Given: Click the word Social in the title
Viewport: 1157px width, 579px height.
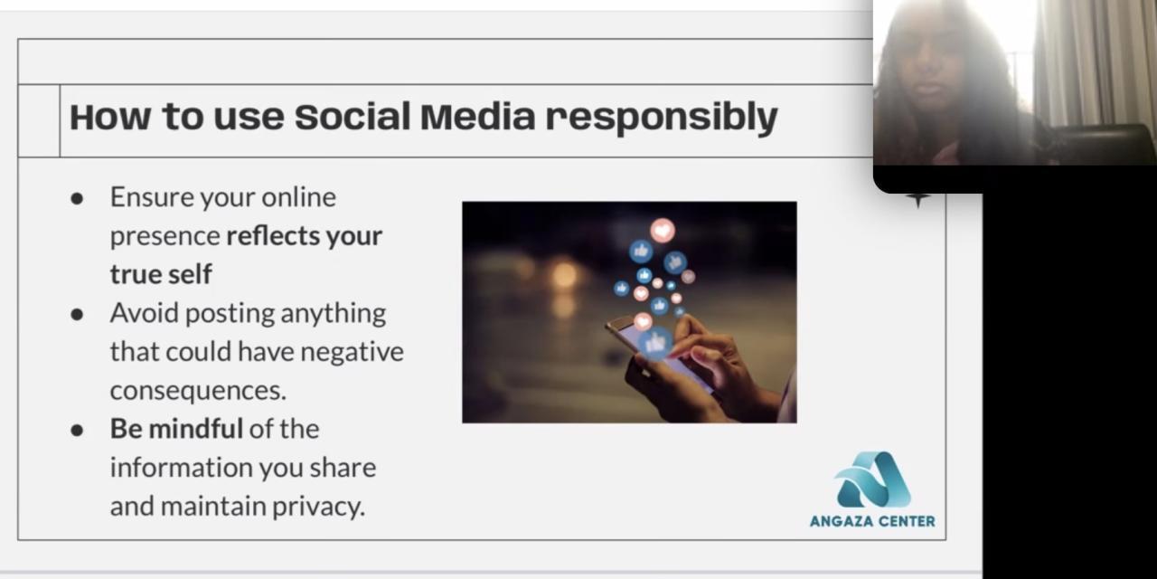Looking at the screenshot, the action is (353, 117).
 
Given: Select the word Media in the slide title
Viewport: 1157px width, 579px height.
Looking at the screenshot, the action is (478, 117).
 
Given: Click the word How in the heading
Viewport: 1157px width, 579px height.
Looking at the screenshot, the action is (110, 117).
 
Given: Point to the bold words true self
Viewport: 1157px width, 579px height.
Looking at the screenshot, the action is (161, 274).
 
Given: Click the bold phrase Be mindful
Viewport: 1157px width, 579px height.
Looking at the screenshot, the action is (176, 429).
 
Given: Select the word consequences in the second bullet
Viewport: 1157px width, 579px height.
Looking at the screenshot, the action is (198, 391).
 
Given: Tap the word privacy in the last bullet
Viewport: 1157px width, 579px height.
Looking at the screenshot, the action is (319, 507).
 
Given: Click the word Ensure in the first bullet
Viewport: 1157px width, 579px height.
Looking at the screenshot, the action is (152, 197).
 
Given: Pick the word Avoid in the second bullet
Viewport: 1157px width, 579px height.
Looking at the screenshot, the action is (144, 313).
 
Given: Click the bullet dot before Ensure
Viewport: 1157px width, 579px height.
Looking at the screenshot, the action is (77, 198).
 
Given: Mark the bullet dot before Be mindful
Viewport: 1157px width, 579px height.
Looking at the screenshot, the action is (77, 430).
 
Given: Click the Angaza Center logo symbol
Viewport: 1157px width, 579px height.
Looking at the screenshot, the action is (872, 480).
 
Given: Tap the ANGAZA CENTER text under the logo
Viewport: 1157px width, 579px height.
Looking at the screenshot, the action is (872, 521).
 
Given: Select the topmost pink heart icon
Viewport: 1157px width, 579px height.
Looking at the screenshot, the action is (663, 230).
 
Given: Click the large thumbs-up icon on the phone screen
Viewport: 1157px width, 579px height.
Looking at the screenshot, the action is (655, 343).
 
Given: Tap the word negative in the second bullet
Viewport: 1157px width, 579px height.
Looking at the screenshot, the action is (352, 353).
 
